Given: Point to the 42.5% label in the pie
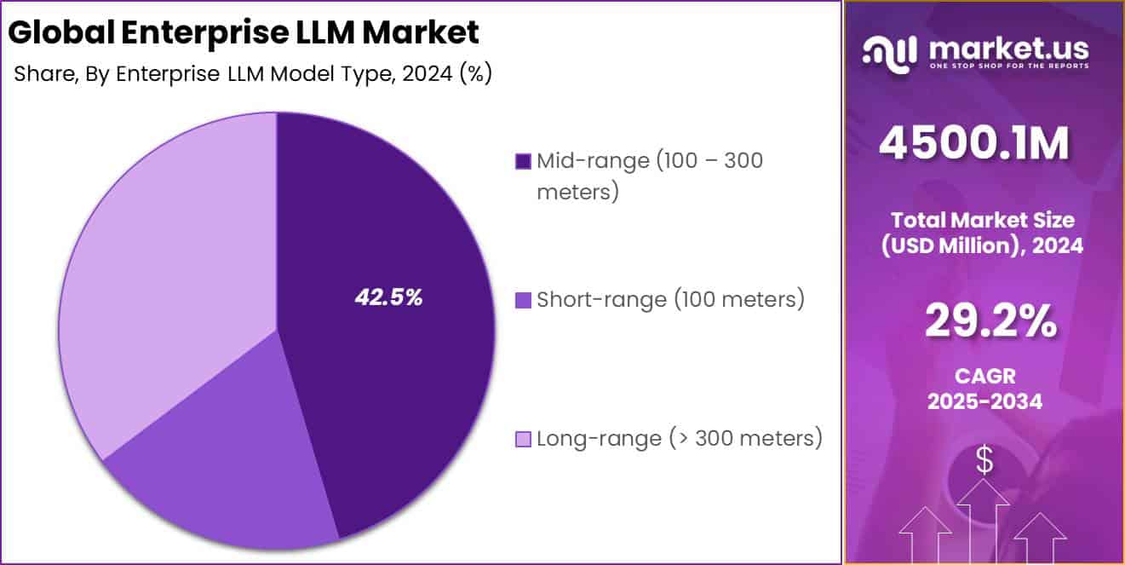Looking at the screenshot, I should [388, 298].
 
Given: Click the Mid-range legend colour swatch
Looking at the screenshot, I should [523, 161].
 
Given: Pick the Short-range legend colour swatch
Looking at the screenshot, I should [523, 300].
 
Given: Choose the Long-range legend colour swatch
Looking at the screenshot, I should [523, 440].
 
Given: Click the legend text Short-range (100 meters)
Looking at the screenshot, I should [670, 300].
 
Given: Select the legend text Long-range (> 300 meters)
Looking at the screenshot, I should [679, 439].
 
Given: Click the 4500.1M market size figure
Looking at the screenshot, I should [973, 144].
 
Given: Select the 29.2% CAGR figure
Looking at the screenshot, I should [990, 321].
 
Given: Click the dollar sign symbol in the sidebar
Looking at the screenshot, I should [984, 462].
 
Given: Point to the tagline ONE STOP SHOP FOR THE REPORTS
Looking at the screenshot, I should [1009, 66].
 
